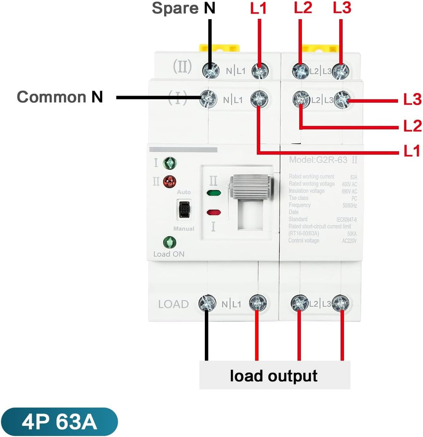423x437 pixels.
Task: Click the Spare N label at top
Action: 183,8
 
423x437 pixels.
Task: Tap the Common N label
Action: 60,97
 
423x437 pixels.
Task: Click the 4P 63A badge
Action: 59,422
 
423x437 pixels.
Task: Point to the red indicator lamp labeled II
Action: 169,181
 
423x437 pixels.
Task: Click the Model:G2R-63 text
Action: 318,160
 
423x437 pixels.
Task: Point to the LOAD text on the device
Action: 174,304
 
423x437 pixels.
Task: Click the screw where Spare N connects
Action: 210,71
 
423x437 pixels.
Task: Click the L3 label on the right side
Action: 412,100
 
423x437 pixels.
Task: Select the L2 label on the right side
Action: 412,127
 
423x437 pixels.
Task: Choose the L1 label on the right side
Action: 412,151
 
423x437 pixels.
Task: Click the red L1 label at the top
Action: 259,9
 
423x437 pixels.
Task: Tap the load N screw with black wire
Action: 207,303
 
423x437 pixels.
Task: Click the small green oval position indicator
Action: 213,193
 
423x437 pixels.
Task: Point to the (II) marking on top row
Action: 183,67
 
